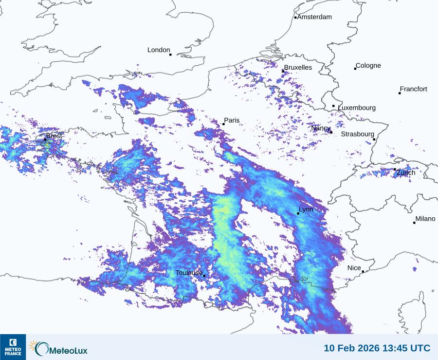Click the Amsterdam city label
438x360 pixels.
click(x=314, y=17)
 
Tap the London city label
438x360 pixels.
click(x=159, y=50)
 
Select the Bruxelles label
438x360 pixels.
click(x=298, y=68)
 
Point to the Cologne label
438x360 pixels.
click(x=368, y=66)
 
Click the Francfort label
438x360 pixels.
click(x=414, y=89)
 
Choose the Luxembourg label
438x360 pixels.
click(x=357, y=108)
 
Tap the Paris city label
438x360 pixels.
click(x=232, y=120)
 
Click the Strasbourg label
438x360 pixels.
click(x=358, y=134)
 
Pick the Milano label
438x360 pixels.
click(x=425, y=219)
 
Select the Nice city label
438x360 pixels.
click(x=354, y=268)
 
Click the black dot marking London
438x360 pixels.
click(x=170, y=55)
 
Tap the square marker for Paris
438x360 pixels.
click(x=223, y=124)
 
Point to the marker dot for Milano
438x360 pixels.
click(x=414, y=223)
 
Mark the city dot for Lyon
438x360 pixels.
click(x=298, y=213)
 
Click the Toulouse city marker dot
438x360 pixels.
click(x=204, y=276)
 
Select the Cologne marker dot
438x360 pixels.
click(x=355, y=69)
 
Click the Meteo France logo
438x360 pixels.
click(x=13, y=347)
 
